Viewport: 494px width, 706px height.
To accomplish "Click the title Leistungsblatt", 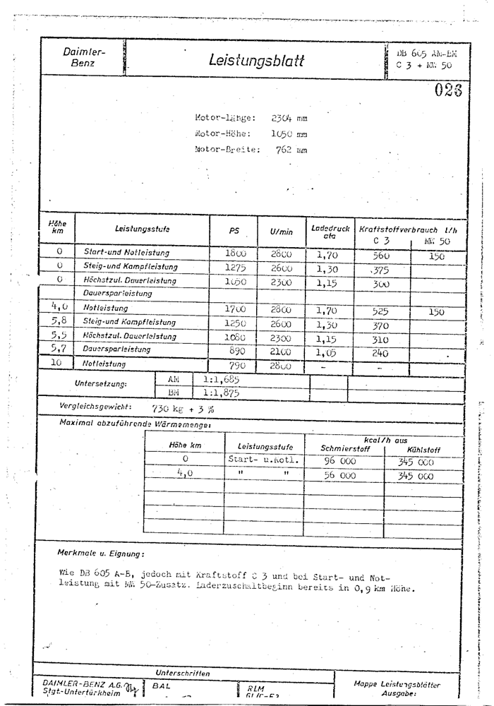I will tap(256, 61).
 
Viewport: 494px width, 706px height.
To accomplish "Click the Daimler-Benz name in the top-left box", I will tap(83, 57).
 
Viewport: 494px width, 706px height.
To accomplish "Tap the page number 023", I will tap(448, 92).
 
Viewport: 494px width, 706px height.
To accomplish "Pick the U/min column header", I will tap(281, 230).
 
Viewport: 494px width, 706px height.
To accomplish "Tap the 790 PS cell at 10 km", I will tap(236, 364).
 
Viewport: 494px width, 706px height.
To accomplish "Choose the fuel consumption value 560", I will tap(382, 255).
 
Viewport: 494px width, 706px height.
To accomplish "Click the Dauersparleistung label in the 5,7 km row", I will tap(116, 349).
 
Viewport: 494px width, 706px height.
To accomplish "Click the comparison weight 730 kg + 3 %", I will tap(183, 409).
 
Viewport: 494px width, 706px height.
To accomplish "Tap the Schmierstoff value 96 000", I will tap(340, 461).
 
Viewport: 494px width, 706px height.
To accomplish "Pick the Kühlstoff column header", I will tap(423, 449).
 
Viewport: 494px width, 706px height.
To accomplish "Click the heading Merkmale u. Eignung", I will tap(101, 553).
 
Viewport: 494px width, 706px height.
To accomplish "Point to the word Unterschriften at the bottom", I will tap(183, 674).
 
